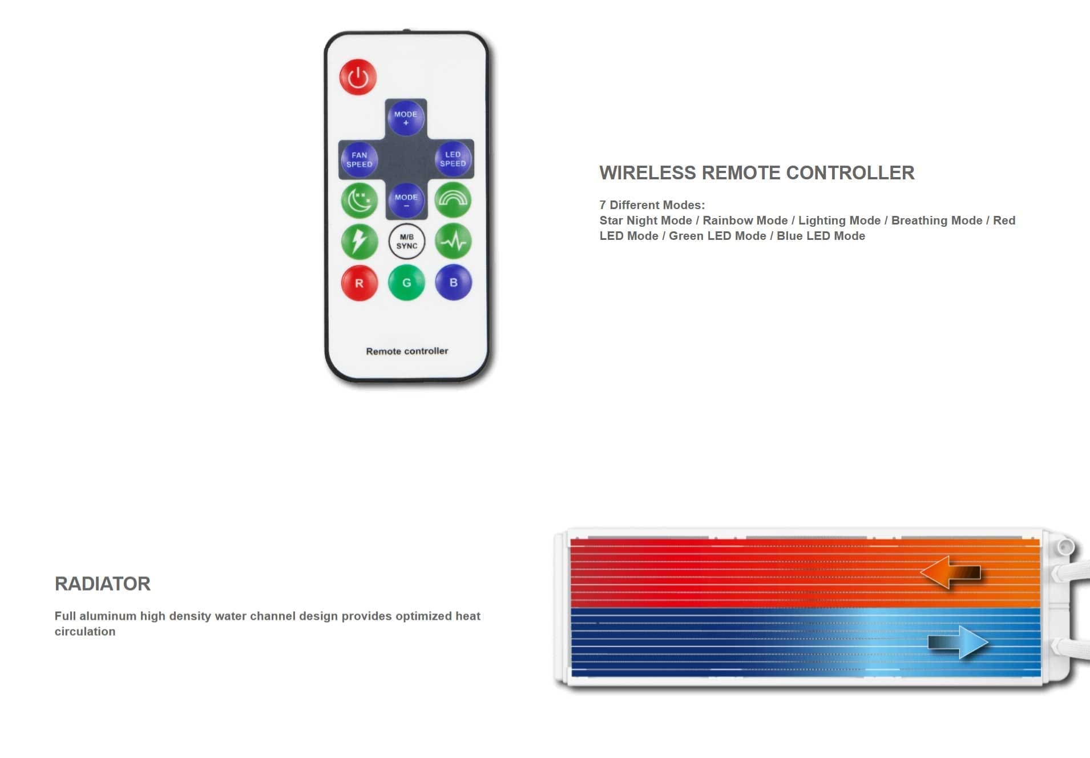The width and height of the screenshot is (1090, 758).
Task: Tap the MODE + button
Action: (406, 118)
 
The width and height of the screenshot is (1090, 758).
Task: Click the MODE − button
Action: (406, 200)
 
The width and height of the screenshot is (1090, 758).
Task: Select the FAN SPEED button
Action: (359, 159)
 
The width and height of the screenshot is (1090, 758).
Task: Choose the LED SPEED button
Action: (453, 159)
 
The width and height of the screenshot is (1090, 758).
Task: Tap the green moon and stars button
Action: (360, 200)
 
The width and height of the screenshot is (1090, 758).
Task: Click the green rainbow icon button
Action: (453, 200)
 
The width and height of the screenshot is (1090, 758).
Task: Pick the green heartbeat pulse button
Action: (453, 241)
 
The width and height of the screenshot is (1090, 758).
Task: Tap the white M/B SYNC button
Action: (406, 242)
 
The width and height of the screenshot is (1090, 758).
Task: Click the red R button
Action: (360, 283)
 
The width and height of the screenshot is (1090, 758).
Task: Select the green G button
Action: (406, 282)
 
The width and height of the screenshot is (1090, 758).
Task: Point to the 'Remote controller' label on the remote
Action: (407, 351)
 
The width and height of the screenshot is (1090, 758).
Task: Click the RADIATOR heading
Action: (103, 584)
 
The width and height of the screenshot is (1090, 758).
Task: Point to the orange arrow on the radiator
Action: (951, 572)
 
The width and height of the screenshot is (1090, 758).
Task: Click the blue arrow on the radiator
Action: (958, 643)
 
